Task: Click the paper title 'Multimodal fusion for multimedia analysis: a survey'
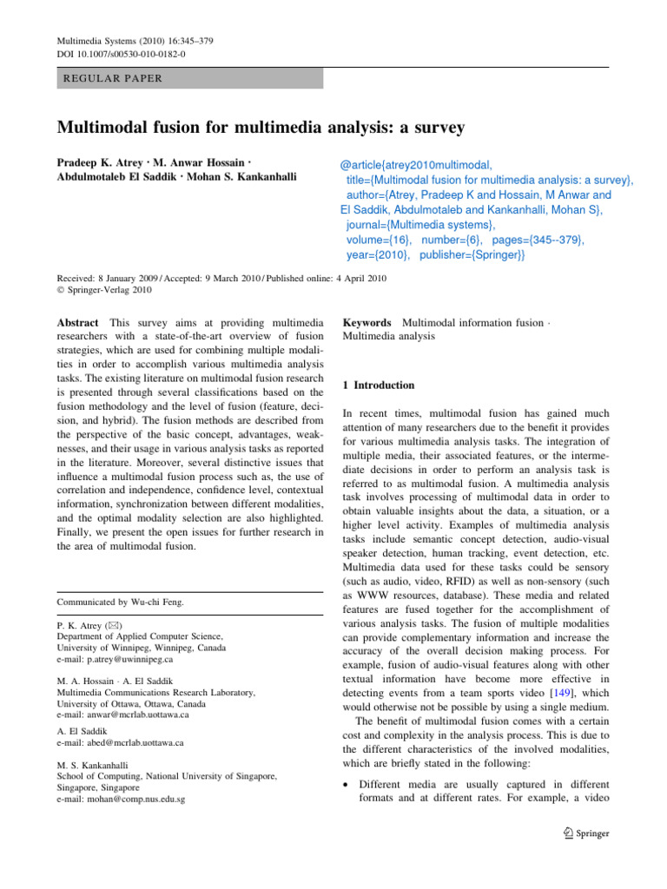pos(261,128)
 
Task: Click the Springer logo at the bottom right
pos(585,833)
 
